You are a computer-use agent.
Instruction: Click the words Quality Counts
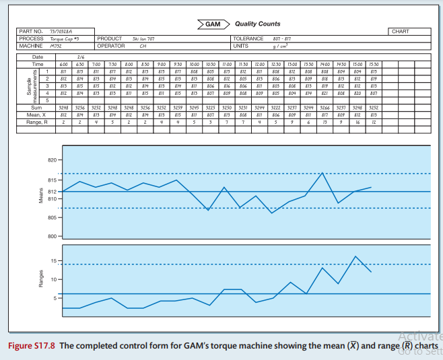258,24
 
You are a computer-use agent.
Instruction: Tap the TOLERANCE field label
247,39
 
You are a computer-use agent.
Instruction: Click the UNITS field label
240,46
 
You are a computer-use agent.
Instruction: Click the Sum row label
37,107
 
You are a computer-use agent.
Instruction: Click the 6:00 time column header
63,63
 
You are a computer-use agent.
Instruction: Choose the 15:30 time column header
373,63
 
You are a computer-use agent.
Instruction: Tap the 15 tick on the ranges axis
54,260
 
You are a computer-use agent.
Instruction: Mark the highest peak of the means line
323,173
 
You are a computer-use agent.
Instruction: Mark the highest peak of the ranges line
355,256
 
